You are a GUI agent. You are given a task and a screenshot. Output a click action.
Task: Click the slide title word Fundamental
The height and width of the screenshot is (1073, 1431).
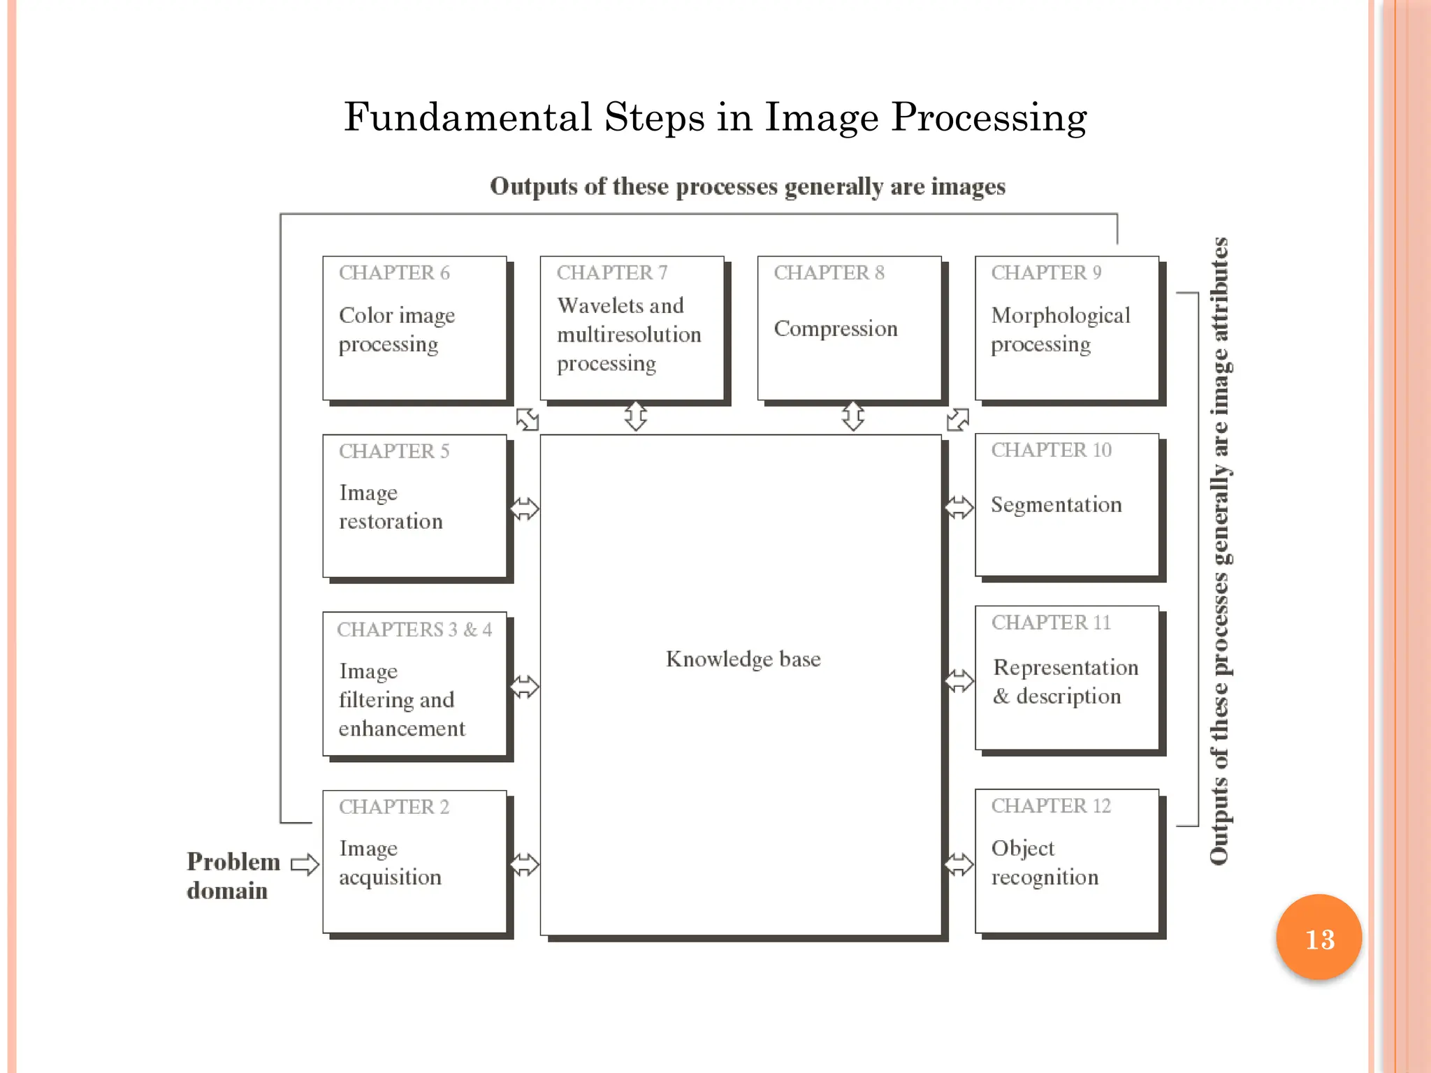tap(467, 117)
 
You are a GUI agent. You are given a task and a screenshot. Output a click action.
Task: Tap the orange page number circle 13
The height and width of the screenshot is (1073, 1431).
tap(1319, 937)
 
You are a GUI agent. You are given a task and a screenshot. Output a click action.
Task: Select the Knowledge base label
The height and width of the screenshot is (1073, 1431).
tap(743, 659)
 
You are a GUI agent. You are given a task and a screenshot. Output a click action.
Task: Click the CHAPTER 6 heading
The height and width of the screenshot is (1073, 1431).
tap(394, 272)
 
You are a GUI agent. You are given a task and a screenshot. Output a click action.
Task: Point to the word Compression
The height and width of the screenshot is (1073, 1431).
tap(835, 328)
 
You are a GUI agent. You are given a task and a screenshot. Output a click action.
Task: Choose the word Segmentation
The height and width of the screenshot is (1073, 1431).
tap(1056, 504)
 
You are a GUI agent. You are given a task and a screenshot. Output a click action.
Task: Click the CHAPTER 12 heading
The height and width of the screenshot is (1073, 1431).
tap(1050, 805)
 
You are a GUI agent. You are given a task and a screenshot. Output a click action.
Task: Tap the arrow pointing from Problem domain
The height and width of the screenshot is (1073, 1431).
tap(305, 864)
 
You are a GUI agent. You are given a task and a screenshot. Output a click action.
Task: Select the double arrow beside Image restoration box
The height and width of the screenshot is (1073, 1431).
tap(524, 509)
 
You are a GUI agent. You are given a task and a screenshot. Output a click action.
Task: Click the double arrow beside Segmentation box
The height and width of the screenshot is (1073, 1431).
tap(959, 507)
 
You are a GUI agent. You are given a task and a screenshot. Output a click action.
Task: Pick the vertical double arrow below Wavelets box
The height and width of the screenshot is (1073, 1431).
tap(635, 416)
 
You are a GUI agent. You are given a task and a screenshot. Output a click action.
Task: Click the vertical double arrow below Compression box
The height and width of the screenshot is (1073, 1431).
tap(852, 416)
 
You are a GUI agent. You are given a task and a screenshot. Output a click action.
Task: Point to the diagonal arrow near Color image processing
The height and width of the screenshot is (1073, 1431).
tap(527, 419)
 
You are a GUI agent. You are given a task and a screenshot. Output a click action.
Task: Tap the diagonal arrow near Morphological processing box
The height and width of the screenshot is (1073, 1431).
tap(957, 419)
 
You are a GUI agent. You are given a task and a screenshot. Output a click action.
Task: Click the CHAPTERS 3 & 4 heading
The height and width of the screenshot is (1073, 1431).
tap(414, 629)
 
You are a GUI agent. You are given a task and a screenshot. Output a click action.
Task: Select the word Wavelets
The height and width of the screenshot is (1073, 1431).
tap(597, 306)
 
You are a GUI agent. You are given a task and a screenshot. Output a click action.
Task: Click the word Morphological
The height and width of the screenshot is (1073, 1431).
tap(1060, 316)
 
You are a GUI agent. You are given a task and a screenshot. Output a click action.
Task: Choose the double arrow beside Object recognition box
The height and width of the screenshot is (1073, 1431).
tap(959, 864)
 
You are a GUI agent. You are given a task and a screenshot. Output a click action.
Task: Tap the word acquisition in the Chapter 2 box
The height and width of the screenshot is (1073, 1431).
tap(390, 877)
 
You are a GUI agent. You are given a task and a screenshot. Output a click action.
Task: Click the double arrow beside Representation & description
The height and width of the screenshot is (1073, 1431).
tap(959, 680)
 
